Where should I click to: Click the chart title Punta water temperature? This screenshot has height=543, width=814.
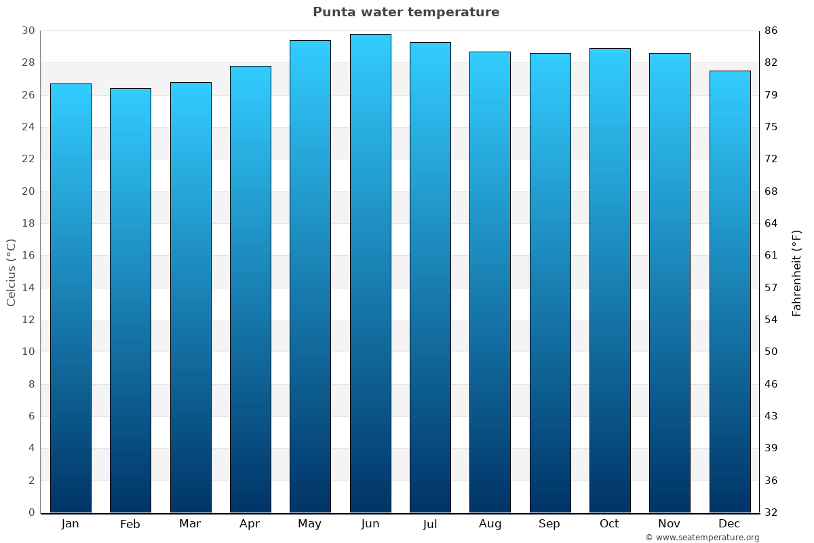pos(406,12)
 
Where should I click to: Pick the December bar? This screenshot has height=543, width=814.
pos(730,291)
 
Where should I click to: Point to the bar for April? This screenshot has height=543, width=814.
pos(250,289)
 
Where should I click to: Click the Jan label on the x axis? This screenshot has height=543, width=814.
pos(71,524)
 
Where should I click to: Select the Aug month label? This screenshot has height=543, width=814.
pos(490,524)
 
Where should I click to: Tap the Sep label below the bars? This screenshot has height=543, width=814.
pos(549,524)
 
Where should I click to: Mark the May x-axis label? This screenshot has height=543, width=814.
pos(310,524)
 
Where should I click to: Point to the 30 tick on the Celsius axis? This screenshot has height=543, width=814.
pos(28,31)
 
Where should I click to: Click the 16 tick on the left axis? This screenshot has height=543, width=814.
pos(28,256)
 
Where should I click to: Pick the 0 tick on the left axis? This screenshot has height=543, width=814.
pos(31,512)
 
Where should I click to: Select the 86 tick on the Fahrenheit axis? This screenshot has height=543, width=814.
pos(771,31)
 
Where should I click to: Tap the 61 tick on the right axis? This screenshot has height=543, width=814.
pos(771,256)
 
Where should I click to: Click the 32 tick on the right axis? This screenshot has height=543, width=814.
pos(771,512)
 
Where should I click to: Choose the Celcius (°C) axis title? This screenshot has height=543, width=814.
pos(12,272)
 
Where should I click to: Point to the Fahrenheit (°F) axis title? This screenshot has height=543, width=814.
pos(797,272)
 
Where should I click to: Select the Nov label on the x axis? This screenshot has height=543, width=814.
pos(670,524)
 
